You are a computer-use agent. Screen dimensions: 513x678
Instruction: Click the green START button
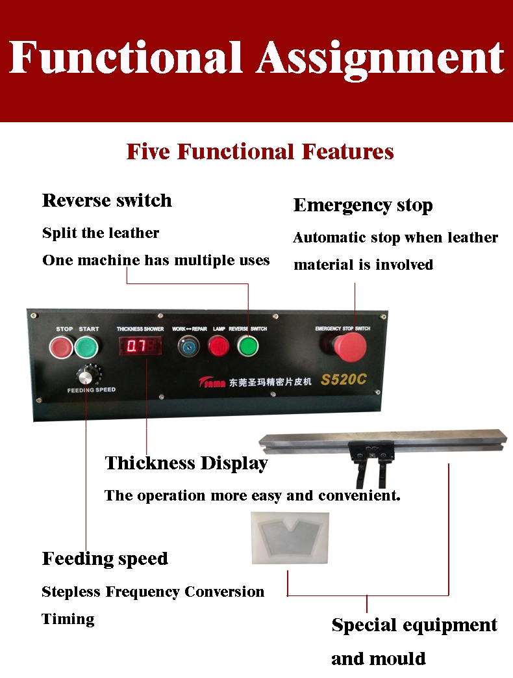[86, 346]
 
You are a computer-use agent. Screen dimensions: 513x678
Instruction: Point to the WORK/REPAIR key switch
[189, 346]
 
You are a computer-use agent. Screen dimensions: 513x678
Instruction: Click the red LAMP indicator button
[219, 346]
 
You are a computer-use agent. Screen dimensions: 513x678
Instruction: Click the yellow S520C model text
[344, 379]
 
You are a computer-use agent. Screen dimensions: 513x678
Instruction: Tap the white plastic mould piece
[290, 538]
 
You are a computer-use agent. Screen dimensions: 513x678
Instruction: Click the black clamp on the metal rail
[371, 462]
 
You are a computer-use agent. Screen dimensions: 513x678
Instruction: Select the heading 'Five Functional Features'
[260, 151]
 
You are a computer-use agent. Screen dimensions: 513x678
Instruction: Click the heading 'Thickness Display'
[186, 463]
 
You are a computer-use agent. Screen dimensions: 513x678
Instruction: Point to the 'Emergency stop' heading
[363, 205]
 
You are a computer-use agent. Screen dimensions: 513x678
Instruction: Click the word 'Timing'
[68, 619]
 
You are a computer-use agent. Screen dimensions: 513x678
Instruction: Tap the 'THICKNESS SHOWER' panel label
[140, 329]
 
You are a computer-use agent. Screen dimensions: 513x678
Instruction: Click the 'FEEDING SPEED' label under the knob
[92, 390]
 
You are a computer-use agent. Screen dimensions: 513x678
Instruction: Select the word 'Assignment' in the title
[381, 59]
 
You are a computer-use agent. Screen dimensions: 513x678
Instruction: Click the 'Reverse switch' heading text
[107, 201]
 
